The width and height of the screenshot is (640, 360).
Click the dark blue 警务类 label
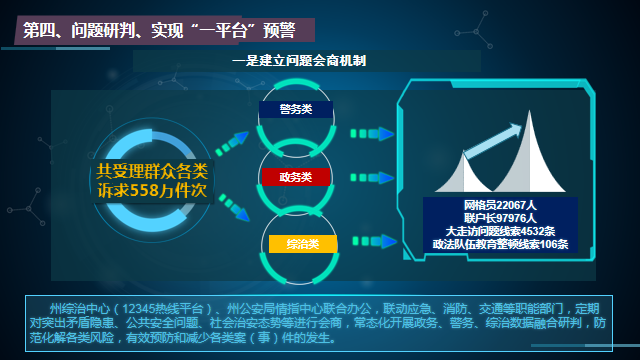click(296, 110)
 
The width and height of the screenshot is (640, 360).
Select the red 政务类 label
click(296, 177)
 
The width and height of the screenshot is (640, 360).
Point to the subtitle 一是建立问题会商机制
click(299, 61)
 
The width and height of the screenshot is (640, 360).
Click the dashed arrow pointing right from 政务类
click(365, 177)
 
